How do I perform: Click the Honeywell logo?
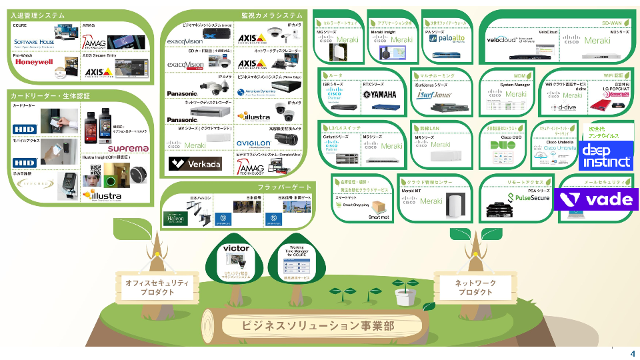tap(34, 62)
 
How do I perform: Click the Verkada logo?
tap(194, 164)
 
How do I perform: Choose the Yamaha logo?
tap(379, 95)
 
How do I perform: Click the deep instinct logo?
tap(606, 155)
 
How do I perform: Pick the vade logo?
tap(597, 199)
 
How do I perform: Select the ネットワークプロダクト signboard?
tap(475, 287)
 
